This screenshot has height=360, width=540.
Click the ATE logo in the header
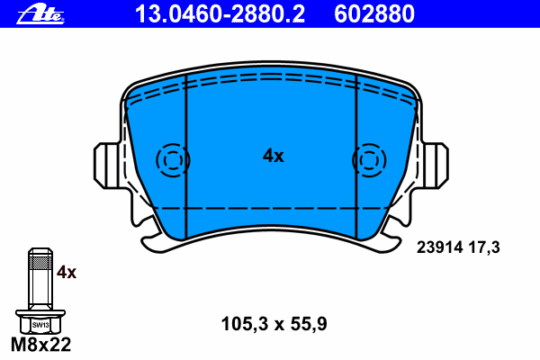40,14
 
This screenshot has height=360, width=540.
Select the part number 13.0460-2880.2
220,14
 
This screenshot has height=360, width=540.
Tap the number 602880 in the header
374,14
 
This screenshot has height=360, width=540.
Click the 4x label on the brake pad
274,156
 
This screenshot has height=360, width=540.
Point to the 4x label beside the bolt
67,272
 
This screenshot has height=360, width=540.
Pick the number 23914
439,247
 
